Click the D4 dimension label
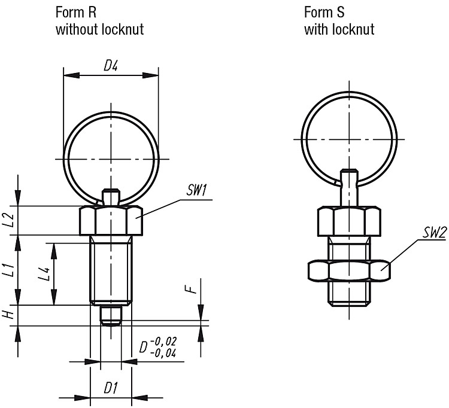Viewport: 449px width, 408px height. [111, 66]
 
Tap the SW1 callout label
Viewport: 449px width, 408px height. [196, 190]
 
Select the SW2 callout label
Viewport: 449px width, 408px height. [435, 233]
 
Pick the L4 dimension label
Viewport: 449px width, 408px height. [45, 274]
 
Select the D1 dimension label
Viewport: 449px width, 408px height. [111, 388]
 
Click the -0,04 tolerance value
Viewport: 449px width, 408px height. [163, 354]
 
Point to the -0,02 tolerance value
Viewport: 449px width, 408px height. [163, 342]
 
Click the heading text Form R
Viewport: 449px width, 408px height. [76, 13]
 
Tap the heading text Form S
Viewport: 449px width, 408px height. [324, 13]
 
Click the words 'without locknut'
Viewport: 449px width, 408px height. [99, 29]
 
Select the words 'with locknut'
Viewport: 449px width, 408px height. [339, 29]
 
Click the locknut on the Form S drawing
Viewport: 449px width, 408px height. [349, 270]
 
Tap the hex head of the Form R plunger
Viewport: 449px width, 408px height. [111, 221]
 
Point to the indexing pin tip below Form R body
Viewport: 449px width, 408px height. [111, 316]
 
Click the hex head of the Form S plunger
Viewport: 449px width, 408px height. [349, 221]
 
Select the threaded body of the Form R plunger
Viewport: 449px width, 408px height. [111, 270]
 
